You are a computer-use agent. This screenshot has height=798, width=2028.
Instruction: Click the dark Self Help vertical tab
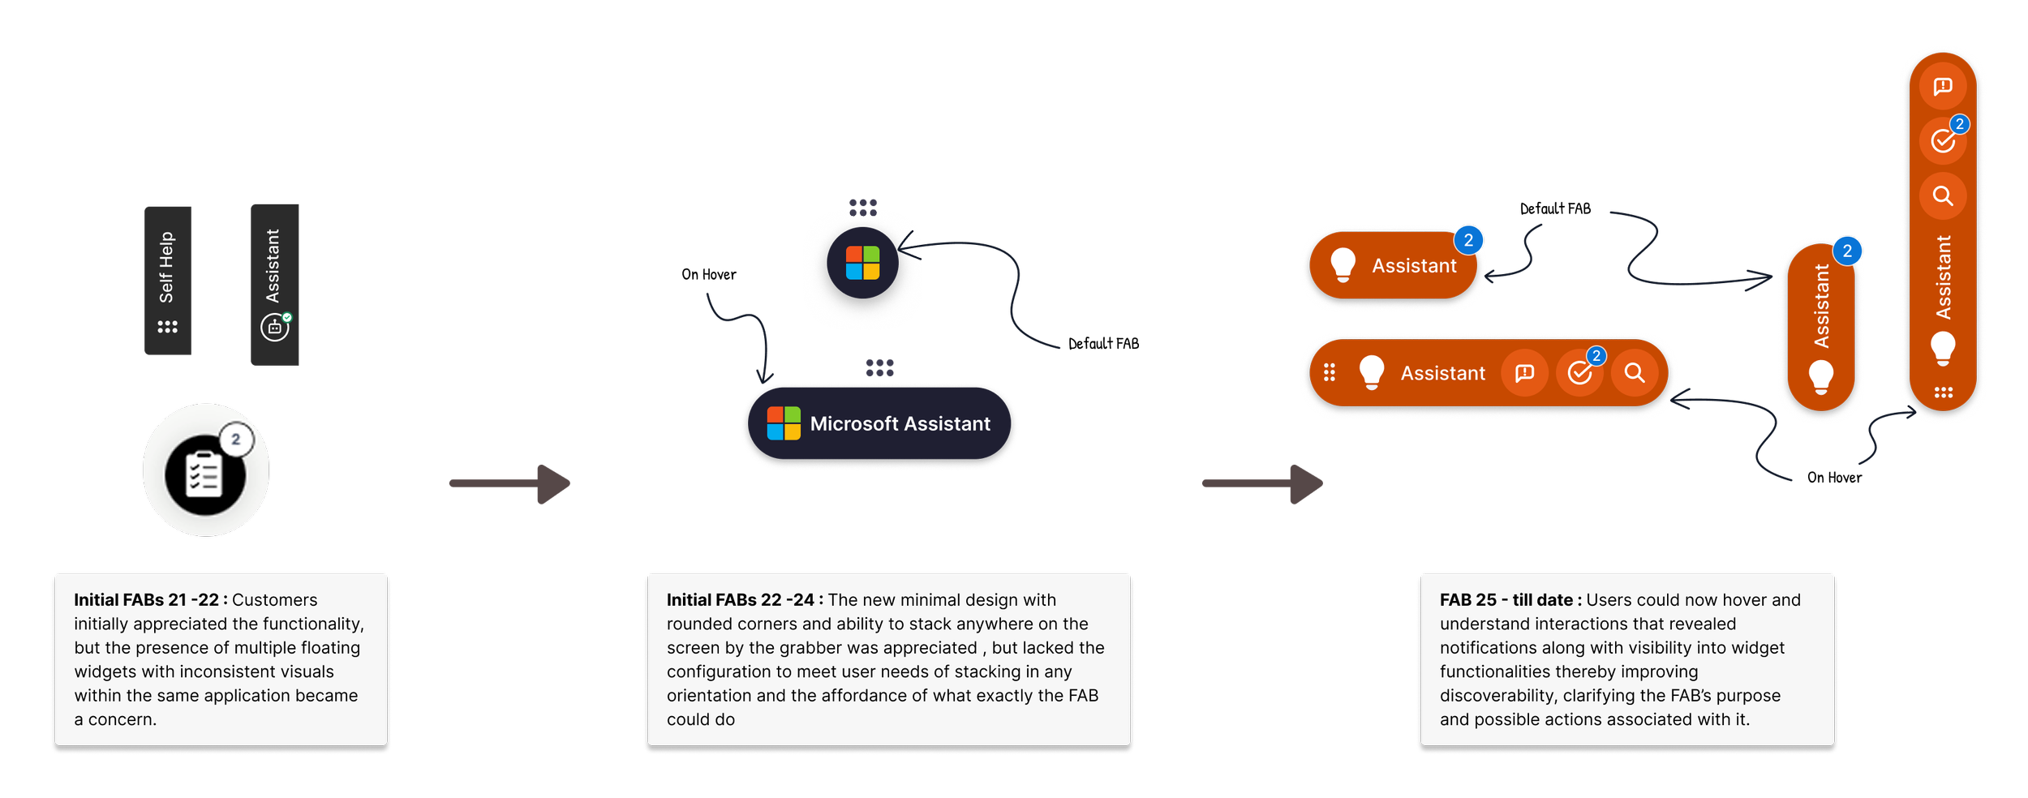(x=167, y=280)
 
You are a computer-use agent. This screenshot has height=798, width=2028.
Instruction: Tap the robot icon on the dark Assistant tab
(x=274, y=328)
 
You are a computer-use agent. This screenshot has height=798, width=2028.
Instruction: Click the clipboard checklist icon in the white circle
(x=204, y=474)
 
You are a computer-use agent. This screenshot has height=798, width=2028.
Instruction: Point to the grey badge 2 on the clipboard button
(x=236, y=440)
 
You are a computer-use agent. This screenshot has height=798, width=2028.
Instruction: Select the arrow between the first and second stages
(x=511, y=483)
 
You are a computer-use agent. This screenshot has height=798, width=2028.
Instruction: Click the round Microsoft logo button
(x=862, y=263)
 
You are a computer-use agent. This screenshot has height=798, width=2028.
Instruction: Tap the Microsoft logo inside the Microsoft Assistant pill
(x=784, y=423)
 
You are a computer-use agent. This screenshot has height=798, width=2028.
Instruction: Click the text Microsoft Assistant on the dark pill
(x=900, y=423)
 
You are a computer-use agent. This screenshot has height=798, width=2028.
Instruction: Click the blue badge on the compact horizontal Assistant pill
(x=1468, y=240)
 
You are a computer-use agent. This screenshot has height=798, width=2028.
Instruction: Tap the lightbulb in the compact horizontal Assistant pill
(x=1343, y=264)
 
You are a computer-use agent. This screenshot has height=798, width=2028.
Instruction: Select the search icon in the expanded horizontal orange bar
(x=1634, y=372)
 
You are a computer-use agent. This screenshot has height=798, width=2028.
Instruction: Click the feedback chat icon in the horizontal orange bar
(x=1524, y=372)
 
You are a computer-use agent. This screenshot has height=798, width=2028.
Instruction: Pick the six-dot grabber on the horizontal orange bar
(x=1329, y=372)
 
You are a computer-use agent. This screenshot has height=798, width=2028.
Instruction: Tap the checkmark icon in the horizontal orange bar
(x=1579, y=372)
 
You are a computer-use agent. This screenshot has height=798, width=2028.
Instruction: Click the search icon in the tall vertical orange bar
(x=1942, y=195)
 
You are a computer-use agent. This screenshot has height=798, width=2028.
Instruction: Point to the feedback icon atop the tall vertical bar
(x=1942, y=86)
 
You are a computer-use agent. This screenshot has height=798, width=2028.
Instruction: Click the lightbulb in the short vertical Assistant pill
(x=1821, y=376)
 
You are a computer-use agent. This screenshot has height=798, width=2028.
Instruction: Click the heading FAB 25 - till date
(x=1510, y=600)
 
